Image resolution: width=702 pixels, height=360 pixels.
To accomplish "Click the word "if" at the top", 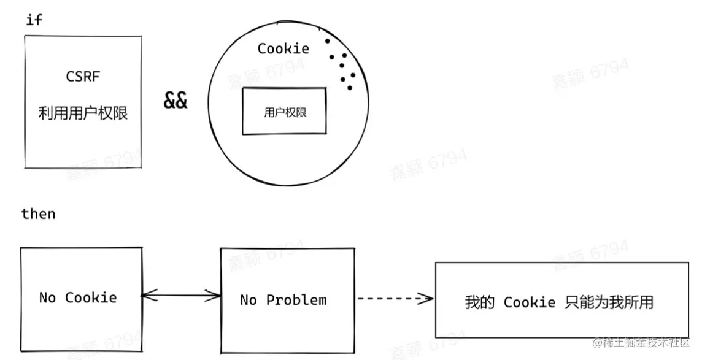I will pyautogui.click(x=34, y=20).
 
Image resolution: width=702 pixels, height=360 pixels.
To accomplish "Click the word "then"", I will pyautogui.click(x=38, y=214).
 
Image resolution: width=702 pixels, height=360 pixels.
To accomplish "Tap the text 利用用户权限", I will pyautogui.click(x=83, y=113).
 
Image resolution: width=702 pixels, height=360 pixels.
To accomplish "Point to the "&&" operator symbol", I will pyautogui.click(x=175, y=101).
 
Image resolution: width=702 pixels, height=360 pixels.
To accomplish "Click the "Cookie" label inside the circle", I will pyautogui.click(x=283, y=48).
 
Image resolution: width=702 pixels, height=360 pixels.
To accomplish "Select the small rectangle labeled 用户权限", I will pyautogui.click(x=285, y=112).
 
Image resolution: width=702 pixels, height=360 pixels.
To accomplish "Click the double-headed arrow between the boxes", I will pyautogui.click(x=180, y=297).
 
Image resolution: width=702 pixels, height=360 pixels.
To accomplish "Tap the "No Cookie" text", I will pyautogui.click(x=78, y=298).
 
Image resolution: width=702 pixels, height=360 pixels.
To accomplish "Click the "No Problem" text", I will pyautogui.click(x=283, y=300).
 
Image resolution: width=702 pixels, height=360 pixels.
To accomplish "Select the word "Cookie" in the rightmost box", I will pyautogui.click(x=530, y=302).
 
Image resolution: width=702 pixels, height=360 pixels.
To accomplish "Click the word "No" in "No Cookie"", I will pyautogui.click(x=47, y=298).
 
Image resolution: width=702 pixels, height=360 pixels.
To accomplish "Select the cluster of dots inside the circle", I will pyautogui.click(x=342, y=65).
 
